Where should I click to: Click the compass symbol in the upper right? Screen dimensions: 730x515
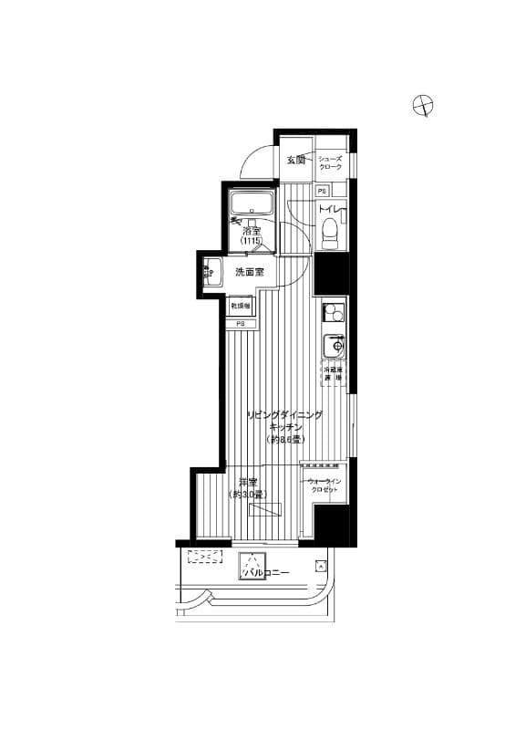(x=423, y=106)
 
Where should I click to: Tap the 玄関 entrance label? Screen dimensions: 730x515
(x=295, y=161)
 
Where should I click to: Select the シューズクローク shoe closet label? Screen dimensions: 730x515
(x=329, y=162)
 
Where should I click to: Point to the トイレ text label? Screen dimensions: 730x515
(x=329, y=211)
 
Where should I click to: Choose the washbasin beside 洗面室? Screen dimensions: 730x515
(x=213, y=272)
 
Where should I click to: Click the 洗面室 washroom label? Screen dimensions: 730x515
(x=249, y=272)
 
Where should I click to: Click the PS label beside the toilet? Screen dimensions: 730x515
(x=322, y=192)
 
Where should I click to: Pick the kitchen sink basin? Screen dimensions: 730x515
(x=335, y=347)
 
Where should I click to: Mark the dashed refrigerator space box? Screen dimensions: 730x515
(x=333, y=374)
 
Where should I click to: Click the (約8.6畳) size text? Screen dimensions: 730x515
(x=284, y=439)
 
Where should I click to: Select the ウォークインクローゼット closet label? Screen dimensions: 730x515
(x=324, y=485)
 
